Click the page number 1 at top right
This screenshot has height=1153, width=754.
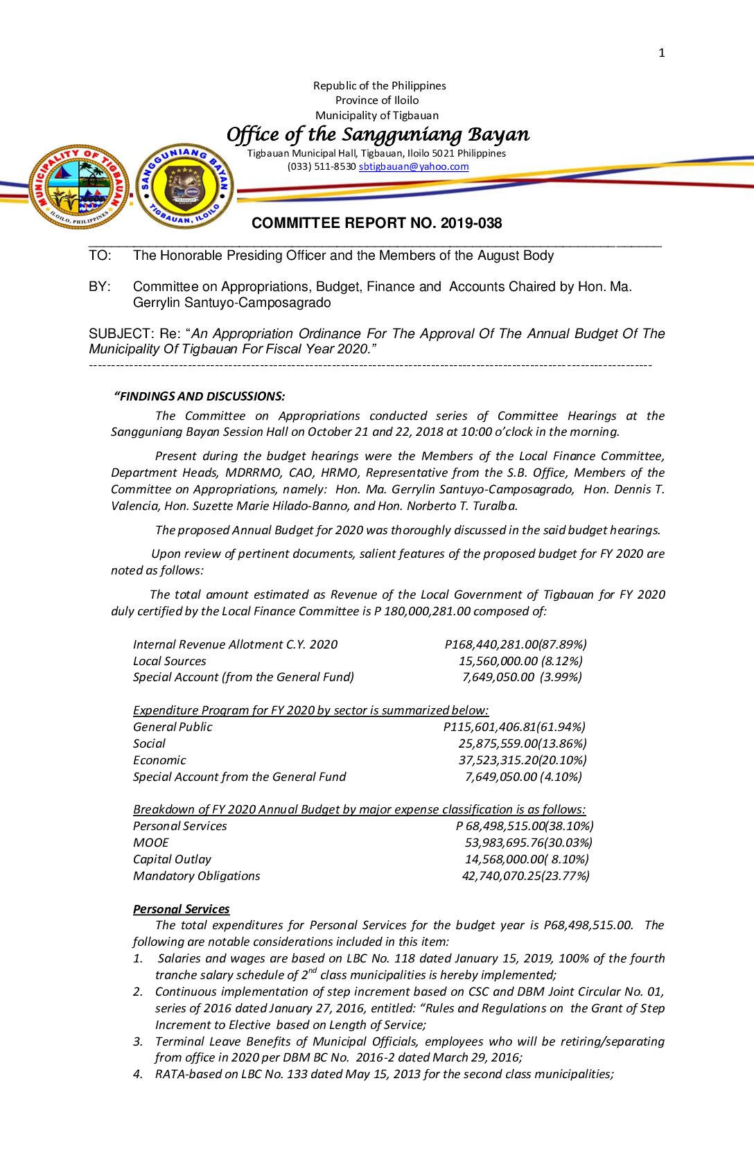pos(662,53)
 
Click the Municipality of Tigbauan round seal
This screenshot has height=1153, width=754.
pos(78,186)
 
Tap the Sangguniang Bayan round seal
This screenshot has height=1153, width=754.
pos(185,186)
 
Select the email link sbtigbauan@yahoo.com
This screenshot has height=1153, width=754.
pos(413,166)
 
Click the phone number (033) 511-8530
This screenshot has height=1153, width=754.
pos(322,166)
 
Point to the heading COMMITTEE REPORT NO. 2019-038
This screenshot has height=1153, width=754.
pos(376,223)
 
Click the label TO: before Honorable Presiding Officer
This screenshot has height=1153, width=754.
pos(100,256)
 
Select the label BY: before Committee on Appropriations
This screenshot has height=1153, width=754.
pos(99,287)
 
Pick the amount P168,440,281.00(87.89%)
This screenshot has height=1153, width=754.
pos(516,644)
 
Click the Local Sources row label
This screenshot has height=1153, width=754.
pos(169,661)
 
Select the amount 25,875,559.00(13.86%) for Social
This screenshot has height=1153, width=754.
pos(523,743)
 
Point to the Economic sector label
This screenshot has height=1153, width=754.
pos(159,760)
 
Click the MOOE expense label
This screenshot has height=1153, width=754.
pos(150,843)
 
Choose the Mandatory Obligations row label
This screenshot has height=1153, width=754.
pos(196,876)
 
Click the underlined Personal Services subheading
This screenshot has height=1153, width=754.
pos(181,909)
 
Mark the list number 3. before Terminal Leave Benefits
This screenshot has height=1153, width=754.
pos(138,1041)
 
